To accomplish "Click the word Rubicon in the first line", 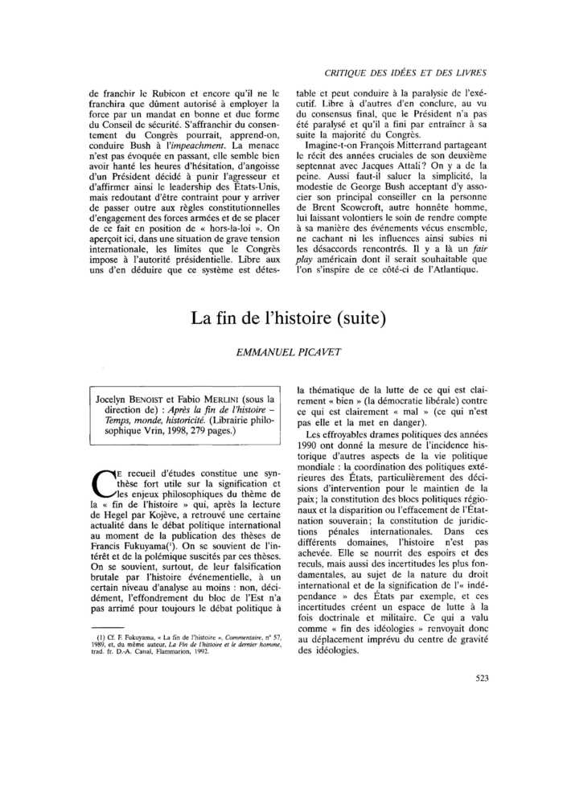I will click(x=173, y=93).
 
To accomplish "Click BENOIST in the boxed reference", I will click(x=160, y=398).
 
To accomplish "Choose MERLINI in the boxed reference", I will click(x=243, y=398).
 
